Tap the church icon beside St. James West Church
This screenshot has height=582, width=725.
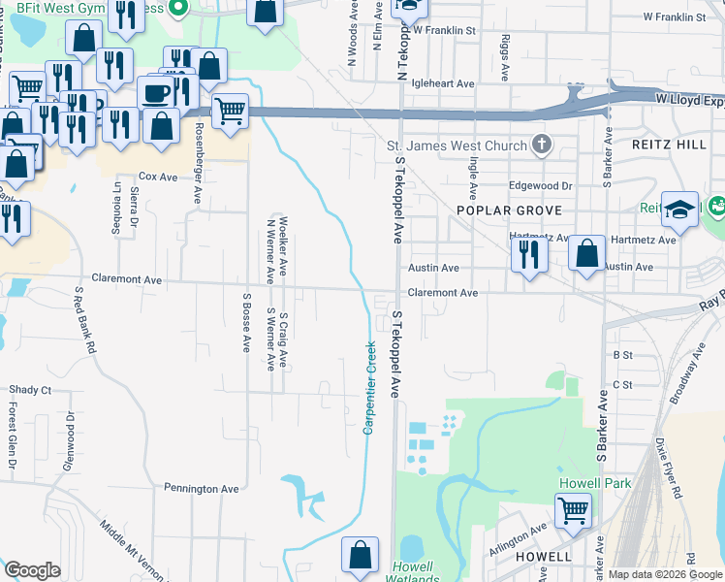542,146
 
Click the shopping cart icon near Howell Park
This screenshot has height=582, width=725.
573,509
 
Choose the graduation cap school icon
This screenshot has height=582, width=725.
680,210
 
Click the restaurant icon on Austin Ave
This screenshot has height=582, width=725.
528,253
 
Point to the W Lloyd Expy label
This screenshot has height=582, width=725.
689,99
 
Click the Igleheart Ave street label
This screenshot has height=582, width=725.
442,84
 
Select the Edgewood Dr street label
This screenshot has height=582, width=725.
541,185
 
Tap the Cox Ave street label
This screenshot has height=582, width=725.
159,177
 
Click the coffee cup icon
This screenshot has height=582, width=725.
155,93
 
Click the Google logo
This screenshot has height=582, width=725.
32,570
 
